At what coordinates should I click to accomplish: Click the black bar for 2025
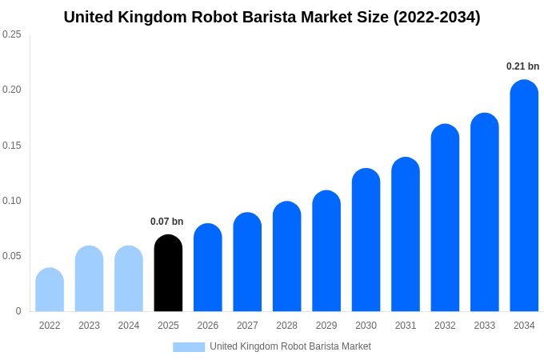pos(168,274)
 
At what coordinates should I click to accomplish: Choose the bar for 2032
pos(445,218)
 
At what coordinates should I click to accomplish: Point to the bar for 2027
pos(247,262)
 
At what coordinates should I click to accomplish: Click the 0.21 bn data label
pos(522,66)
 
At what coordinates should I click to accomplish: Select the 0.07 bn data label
pos(167,222)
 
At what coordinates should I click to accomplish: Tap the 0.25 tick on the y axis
pos(12,34)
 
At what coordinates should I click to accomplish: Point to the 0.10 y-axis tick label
pos(12,201)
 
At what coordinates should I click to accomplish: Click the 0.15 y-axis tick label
pos(12,146)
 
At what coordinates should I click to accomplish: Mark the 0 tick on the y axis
pos(18,311)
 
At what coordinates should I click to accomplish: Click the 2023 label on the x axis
pos(89,326)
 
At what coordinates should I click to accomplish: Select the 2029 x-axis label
pos(326,326)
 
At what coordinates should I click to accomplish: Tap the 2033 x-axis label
pos(484,326)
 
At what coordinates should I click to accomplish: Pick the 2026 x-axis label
pos(208,326)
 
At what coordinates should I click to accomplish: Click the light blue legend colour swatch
pos(189,347)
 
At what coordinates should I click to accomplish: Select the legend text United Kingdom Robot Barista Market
pos(290,346)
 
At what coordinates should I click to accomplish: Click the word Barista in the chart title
pos(269,17)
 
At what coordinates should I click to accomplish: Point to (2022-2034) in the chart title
pos(437,17)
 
